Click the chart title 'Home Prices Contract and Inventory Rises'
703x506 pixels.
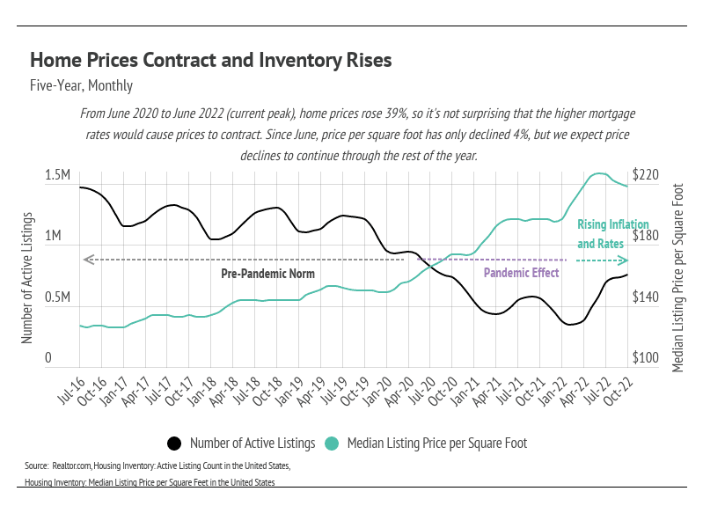(210, 61)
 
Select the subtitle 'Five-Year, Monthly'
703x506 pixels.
(81, 86)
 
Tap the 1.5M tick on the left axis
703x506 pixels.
(57, 176)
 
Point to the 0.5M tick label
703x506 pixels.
(57, 298)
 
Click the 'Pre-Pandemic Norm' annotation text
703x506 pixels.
(267, 273)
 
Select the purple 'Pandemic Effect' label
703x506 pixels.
(522, 273)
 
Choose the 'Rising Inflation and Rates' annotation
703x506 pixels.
(600, 234)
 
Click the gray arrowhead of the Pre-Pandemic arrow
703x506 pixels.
(86, 260)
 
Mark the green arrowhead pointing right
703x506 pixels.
(624, 260)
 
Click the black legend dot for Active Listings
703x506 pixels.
(174, 443)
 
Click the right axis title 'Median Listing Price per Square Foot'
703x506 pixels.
(677, 277)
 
